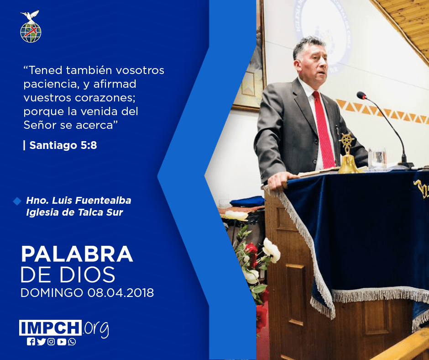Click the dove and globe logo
click(x=31, y=26)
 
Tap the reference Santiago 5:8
click(x=63, y=145)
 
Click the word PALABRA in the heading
click(x=77, y=254)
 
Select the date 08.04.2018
click(x=120, y=293)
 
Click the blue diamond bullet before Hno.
click(x=17, y=201)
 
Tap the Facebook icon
click(x=31, y=342)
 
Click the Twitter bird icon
click(x=41, y=342)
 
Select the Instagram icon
click(x=51, y=342)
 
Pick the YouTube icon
click(x=62, y=342)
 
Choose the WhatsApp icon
click(x=72, y=342)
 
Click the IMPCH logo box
click(x=50, y=328)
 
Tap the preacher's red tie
click(x=324, y=129)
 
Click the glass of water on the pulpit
click(x=377, y=158)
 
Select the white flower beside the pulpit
click(x=271, y=250)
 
